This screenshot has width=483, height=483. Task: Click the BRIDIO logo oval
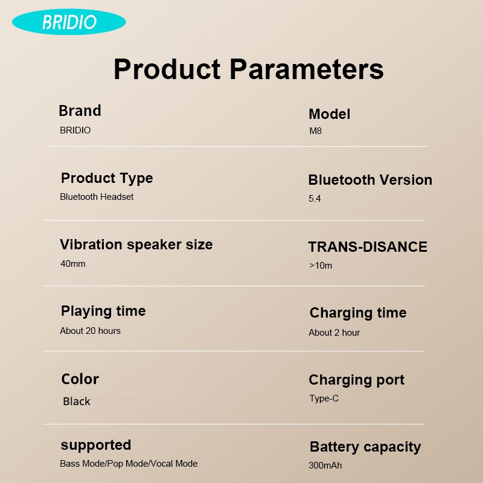pyautogui.click(x=69, y=22)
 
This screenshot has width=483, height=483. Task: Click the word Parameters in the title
pyautogui.click(x=307, y=69)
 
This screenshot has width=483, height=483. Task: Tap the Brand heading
pyautogui.click(x=80, y=110)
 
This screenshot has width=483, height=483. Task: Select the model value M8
pyautogui.click(x=315, y=131)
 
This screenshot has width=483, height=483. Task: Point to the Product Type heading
pyautogui.click(x=107, y=178)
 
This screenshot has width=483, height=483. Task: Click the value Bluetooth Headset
pyautogui.click(x=97, y=197)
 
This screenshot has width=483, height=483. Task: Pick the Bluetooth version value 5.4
pyautogui.click(x=315, y=199)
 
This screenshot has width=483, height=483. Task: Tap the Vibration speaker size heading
pyautogui.click(x=136, y=245)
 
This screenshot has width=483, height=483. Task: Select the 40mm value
pyautogui.click(x=73, y=264)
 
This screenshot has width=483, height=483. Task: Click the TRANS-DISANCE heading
pyautogui.click(x=368, y=247)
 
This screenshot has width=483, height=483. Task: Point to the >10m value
pyautogui.click(x=321, y=266)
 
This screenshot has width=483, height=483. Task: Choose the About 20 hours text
pyautogui.click(x=90, y=331)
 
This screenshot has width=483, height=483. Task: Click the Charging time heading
pyautogui.click(x=358, y=313)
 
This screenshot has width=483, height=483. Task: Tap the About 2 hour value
pyautogui.click(x=334, y=333)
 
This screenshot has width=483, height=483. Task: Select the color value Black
pyautogui.click(x=77, y=401)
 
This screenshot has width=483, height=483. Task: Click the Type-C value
pyautogui.click(x=324, y=398)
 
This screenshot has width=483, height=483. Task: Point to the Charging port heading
pyautogui.click(x=356, y=380)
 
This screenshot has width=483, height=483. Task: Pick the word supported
pyautogui.click(x=96, y=446)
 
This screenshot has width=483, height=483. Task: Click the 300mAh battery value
pyautogui.click(x=325, y=465)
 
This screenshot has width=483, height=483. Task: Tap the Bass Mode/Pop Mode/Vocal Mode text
pyautogui.click(x=129, y=464)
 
